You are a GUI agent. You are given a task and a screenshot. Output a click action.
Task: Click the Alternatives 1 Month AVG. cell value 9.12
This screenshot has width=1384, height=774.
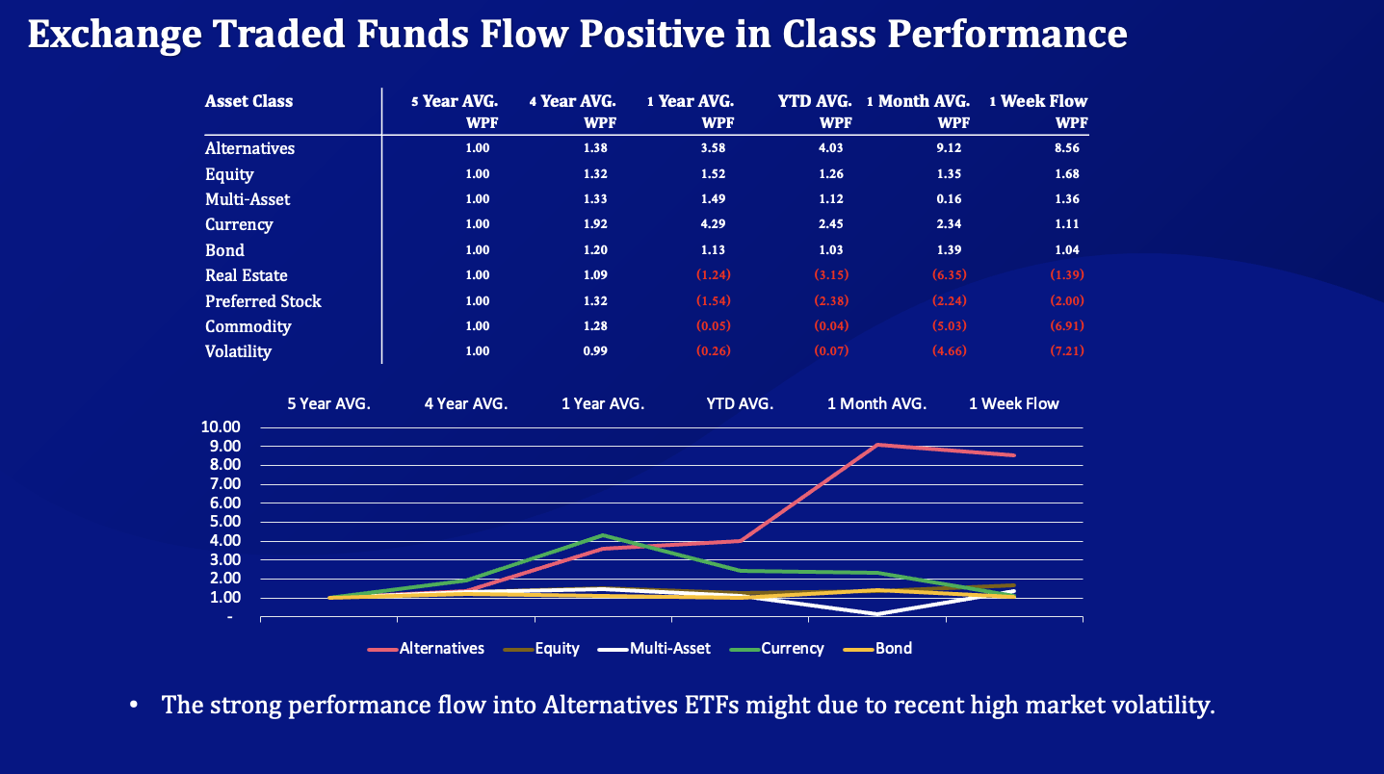coord(949,148)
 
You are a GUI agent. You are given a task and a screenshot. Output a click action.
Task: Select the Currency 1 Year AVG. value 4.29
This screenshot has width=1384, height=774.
coord(713,224)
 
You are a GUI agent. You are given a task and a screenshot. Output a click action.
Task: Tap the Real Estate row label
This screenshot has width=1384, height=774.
coord(246,275)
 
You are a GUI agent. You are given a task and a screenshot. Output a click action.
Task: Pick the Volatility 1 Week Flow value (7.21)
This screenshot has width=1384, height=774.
coord(1066,351)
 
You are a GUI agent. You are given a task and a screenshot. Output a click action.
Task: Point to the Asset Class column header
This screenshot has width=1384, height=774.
coord(248,101)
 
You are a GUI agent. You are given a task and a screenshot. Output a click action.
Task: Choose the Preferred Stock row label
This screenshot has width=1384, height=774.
coord(263,301)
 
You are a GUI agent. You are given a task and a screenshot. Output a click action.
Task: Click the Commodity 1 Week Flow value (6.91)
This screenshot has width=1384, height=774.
coord(1066,326)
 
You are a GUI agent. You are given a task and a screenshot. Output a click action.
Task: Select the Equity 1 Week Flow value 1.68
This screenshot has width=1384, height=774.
coord(1066,174)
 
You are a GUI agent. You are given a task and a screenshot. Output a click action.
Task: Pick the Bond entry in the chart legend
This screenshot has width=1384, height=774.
coord(893,649)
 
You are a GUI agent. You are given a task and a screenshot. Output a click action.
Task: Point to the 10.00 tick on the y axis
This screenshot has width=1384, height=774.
coord(221,427)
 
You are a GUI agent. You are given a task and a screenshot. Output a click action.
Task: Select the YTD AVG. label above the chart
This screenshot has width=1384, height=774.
coord(740,404)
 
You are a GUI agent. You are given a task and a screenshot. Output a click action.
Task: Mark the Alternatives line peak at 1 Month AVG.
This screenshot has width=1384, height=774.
coord(877,445)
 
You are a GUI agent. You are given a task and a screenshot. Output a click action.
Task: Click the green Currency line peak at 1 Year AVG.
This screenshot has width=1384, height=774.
coord(603,535)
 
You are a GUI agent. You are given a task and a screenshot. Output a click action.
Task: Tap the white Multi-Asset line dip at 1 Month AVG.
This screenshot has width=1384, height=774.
coord(877,613)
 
